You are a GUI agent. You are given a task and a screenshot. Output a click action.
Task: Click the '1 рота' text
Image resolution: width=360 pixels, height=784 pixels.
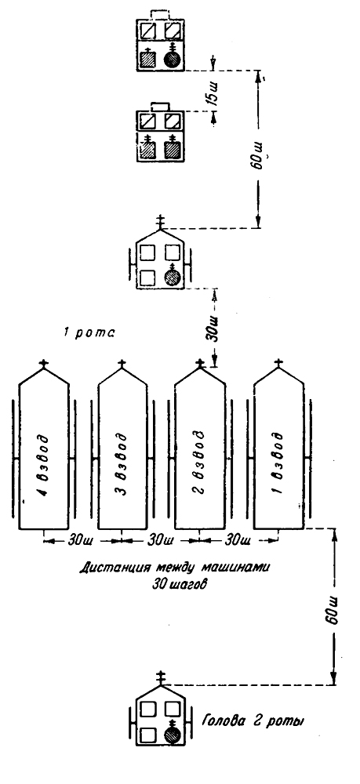click(89, 332)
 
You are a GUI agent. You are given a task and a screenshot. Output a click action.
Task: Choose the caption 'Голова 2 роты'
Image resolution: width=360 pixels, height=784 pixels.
click(254, 721)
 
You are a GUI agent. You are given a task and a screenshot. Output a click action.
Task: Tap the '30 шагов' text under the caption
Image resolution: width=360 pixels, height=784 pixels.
click(179, 583)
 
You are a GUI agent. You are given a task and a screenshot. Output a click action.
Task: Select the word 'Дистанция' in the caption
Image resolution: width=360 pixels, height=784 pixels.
click(111, 568)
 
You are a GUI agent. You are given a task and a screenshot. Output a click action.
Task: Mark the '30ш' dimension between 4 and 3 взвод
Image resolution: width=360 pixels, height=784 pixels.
click(82, 540)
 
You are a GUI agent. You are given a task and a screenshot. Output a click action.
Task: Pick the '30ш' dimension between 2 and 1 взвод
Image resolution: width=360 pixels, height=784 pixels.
click(238, 540)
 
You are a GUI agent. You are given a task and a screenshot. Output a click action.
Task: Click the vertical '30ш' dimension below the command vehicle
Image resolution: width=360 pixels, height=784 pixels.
click(214, 328)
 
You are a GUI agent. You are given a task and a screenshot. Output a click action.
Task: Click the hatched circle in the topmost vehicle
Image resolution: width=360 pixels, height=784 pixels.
click(173, 59)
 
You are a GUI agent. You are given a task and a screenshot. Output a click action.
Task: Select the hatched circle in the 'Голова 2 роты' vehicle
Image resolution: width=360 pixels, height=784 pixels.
click(173, 734)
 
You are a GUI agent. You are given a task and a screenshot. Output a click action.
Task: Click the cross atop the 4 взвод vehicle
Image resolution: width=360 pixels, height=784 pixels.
click(44, 364)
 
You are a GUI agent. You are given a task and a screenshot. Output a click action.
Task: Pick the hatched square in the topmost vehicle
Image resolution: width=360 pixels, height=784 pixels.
click(147, 59)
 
